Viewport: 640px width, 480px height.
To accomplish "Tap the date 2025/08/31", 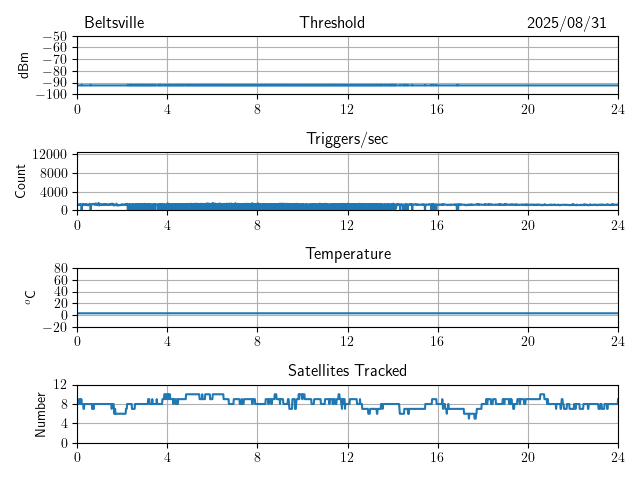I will (567, 23).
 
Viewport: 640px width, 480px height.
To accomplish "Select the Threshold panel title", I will (332, 23).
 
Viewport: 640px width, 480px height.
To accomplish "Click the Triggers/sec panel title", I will (347, 139).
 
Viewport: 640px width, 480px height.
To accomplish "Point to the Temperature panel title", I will (347, 254).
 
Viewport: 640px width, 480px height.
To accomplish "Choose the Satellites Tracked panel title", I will (347, 370).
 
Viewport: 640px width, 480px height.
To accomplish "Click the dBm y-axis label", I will (23, 65).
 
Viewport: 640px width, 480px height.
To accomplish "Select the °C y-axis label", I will (30, 297).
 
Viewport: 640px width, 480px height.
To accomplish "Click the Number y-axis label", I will (41, 413).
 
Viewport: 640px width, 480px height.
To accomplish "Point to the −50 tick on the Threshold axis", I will (55, 37).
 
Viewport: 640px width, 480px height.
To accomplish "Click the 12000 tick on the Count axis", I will (50, 155).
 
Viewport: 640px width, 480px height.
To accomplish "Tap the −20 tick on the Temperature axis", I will (55, 327).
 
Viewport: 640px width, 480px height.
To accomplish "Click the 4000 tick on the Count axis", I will (53, 192).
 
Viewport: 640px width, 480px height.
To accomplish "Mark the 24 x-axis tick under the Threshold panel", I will (618, 109).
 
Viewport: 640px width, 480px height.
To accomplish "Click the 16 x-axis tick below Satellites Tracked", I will (438, 457).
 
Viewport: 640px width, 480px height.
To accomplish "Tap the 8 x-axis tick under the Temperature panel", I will (257, 341).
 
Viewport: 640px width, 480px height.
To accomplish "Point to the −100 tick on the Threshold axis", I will (52, 95).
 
